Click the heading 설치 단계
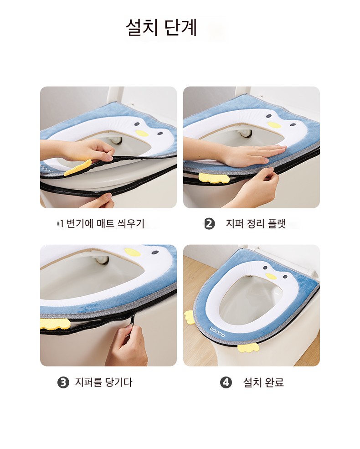coord(161,27)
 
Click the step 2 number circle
coord(210,224)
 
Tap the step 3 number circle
coord(63,382)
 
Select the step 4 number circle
coord(226,382)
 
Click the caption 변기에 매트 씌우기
coord(105,223)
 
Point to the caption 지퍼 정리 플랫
coord(256,224)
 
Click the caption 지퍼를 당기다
coord(103,382)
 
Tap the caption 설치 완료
coord(263,382)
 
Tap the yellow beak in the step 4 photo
coord(271,276)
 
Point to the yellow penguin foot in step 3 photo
coord(55,323)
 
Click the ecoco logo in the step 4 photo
coord(217,332)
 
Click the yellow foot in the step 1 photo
coord(78,168)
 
